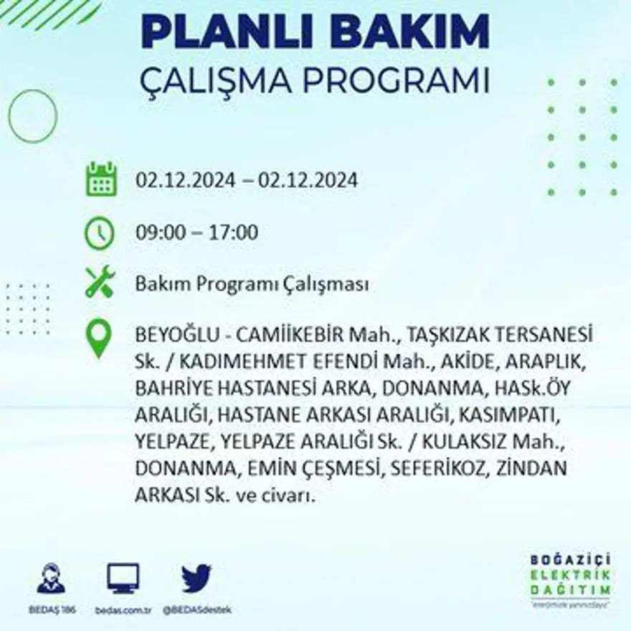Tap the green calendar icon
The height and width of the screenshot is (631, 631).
tap(101, 179)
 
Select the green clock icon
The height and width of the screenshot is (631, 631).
tap(100, 233)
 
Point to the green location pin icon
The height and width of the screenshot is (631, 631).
tap(99, 338)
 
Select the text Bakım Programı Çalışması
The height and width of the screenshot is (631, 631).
tap(252, 285)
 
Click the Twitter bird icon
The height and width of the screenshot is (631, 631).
tap(196, 578)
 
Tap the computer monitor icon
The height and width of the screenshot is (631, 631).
tap(123, 578)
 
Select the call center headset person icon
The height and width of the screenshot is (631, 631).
tap(51, 579)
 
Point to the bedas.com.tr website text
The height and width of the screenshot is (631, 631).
tap(123, 609)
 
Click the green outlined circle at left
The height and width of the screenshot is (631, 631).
tap(32, 116)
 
